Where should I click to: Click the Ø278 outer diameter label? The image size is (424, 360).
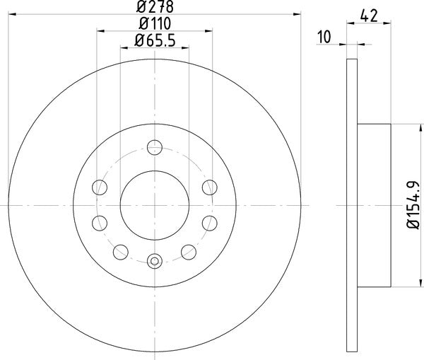[x=154, y=8]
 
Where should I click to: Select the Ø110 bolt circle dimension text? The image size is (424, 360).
[x=154, y=25]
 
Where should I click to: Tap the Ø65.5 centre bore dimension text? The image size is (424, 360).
[x=154, y=41]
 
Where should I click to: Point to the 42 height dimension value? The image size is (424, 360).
[x=367, y=15]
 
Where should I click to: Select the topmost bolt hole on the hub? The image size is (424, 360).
[x=154, y=148]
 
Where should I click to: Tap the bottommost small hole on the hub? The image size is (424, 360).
[x=154, y=261]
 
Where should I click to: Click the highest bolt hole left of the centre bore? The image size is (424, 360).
[x=100, y=187]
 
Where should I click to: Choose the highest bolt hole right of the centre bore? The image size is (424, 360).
[x=208, y=187]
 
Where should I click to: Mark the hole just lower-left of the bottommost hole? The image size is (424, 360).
[x=120, y=250]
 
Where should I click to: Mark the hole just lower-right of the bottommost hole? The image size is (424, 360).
[x=188, y=250]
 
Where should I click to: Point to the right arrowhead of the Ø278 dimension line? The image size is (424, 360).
[x=298, y=14]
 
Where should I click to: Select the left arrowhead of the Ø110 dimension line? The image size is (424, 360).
[x=100, y=31]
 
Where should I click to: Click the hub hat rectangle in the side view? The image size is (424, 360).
[x=375, y=205]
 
